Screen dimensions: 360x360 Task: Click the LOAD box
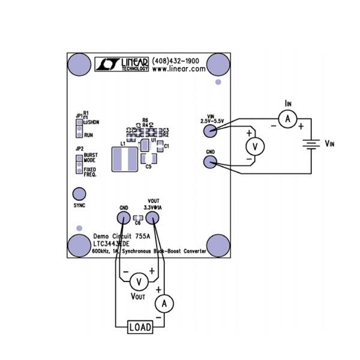139,327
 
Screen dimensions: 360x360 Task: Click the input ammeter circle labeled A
287,120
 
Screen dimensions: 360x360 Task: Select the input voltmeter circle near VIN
255,146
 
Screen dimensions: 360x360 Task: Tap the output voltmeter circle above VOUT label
139,281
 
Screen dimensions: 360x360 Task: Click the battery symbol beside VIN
309,144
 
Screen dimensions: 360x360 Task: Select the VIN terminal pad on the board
210,130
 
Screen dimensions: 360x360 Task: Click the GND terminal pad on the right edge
210,162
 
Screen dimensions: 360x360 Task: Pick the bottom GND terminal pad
122,217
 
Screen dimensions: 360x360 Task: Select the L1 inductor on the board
125,159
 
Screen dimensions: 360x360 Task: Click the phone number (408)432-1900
178,61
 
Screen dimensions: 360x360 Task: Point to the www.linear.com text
179,69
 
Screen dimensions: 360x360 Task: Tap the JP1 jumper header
79,127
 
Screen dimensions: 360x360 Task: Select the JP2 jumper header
79,164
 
